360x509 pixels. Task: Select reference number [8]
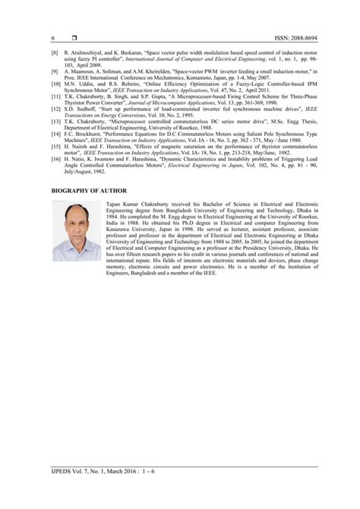pyautogui.click(x=54, y=54)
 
